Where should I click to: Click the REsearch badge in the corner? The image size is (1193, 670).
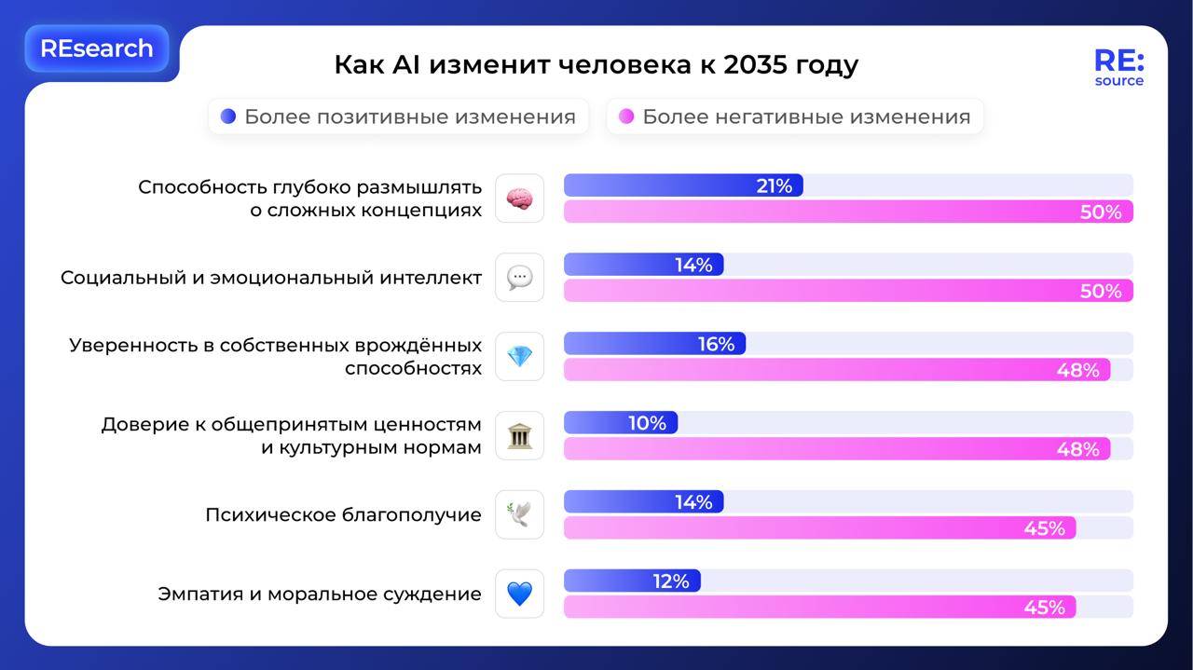pos(96,48)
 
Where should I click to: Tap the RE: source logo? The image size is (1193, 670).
pos(1118,68)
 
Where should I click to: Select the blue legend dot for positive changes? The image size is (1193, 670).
pos(228,116)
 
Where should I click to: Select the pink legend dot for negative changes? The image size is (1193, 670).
pos(626,116)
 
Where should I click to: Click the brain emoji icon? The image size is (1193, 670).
pos(519,198)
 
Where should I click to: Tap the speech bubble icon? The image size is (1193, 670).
pos(519,278)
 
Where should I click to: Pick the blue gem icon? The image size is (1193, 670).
pos(519,357)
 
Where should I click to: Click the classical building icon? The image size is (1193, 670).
pos(519,436)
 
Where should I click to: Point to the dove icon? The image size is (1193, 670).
pos(519,515)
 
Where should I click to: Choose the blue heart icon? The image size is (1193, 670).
pos(519,595)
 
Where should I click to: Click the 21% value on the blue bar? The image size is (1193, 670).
pos(774,186)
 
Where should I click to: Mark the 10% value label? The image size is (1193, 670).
pos(647,424)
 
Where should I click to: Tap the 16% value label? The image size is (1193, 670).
pos(716,345)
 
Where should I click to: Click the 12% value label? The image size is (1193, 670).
pos(671,582)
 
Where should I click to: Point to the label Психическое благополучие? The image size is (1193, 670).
pos(343,515)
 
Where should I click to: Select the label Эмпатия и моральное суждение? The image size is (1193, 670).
pos(320,595)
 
